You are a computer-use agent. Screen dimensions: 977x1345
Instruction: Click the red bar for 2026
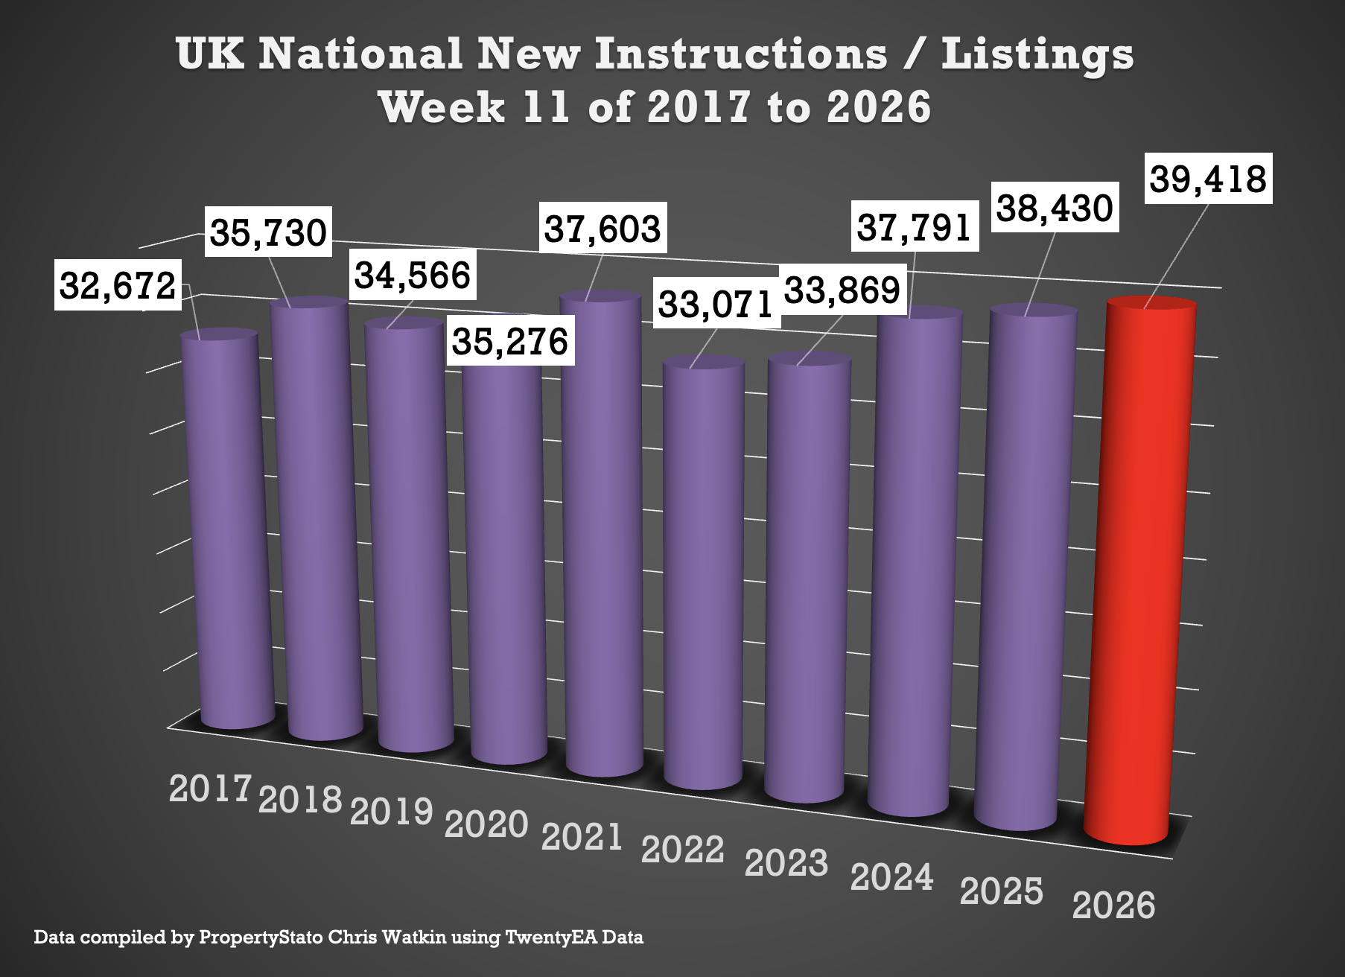[1139, 573]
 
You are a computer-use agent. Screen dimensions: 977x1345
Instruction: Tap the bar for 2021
[602, 536]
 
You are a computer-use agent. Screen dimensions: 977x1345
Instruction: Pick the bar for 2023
[807, 581]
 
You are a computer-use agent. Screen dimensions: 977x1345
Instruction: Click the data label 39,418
[1207, 179]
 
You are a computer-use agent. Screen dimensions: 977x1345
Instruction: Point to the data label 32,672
[118, 285]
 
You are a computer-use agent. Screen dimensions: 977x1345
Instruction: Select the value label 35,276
[510, 341]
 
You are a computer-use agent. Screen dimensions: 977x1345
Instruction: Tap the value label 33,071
[716, 305]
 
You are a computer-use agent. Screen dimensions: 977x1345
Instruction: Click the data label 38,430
[1055, 209]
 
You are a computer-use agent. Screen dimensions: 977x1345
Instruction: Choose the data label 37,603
[602, 229]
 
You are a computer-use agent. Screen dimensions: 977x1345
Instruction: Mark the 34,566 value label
[413, 276]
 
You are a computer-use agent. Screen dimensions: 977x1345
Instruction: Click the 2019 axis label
[392, 812]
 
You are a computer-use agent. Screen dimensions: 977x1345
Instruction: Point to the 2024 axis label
[891, 877]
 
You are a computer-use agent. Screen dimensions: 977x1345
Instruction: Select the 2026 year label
[1113, 906]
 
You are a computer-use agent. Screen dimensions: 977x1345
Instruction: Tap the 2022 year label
[682, 850]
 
